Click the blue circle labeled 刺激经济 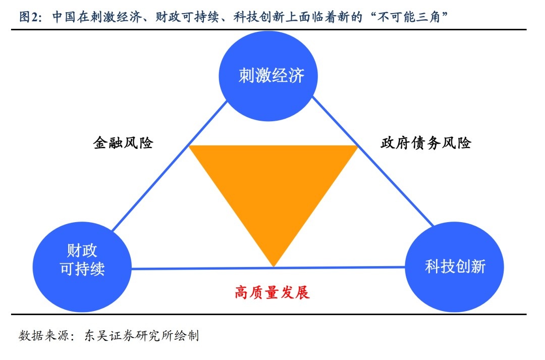coord(271,76)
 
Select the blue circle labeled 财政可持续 coord(82,260)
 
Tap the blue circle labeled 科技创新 coord(455,267)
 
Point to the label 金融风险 coord(123,143)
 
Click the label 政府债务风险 coord(425,143)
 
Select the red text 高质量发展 coord(272,292)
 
